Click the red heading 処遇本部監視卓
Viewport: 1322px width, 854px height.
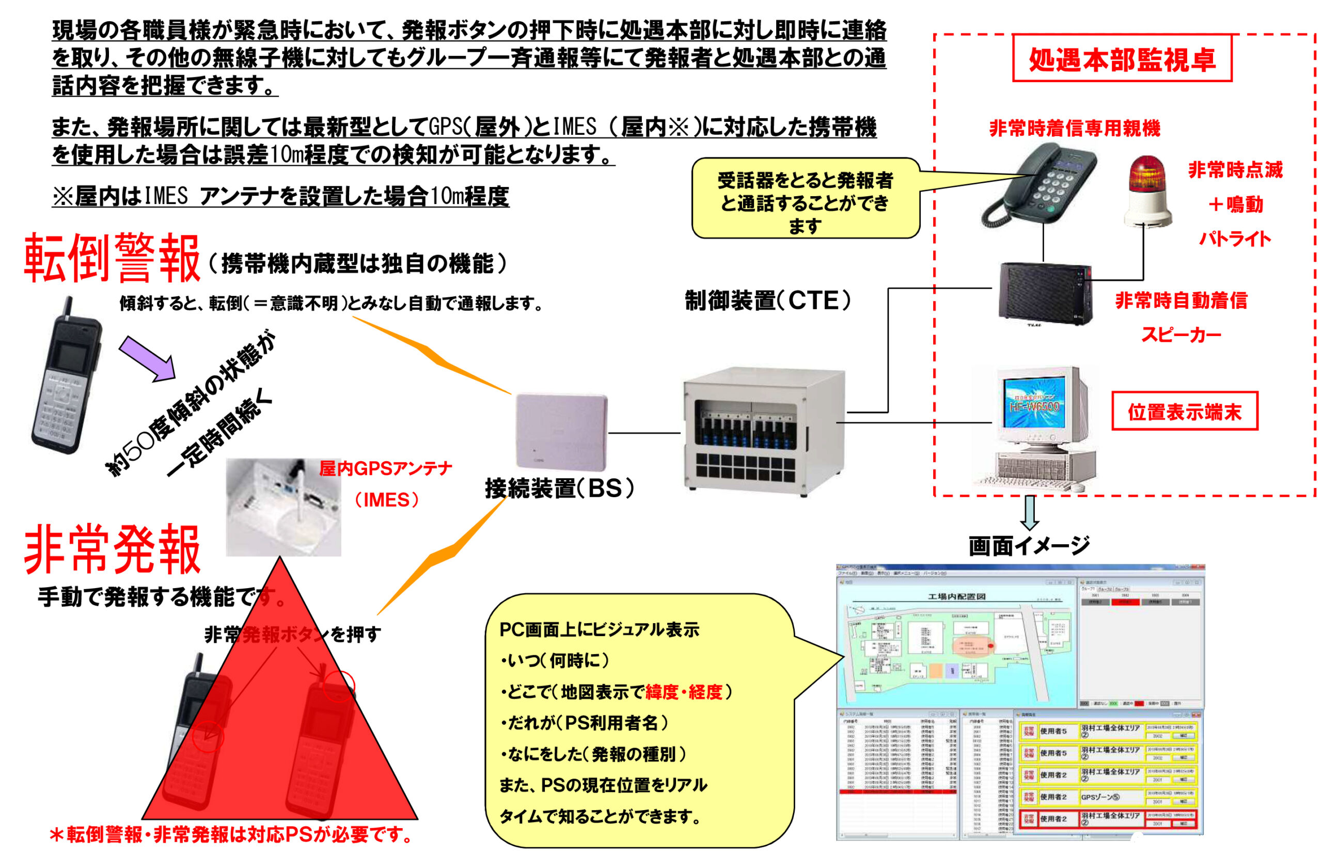(x=1121, y=59)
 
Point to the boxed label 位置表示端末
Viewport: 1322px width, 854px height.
(x=1184, y=412)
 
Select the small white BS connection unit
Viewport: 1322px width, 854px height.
(x=561, y=431)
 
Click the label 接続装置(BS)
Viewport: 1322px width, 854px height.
(x=559, y=488)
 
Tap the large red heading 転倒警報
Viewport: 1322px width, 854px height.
(x=112, y=258)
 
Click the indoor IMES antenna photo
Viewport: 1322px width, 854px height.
(x=284, y=507)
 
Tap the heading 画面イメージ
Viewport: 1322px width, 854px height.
(x=1029, y=546)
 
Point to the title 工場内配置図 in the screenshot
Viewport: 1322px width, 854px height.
(x=956, y=597)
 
